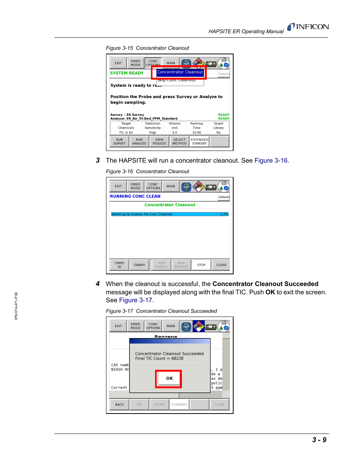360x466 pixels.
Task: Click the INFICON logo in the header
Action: click(308, 27)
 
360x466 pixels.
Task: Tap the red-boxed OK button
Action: click(169, 378)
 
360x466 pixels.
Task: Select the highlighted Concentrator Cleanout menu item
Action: click(180, 72)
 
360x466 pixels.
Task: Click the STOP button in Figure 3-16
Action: click(201, 265)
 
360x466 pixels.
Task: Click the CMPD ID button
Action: click(119, 265)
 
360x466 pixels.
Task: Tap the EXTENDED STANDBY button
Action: click(199, 141)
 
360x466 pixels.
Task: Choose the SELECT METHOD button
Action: click(179, 141)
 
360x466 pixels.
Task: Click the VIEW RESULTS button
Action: click(159, 141)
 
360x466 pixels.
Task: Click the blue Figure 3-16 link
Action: click(271, 161)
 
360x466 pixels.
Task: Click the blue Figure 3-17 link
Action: click(135, 300)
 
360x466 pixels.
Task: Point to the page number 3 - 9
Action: click(319, 440)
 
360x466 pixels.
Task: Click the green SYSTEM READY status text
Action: click(127, 73)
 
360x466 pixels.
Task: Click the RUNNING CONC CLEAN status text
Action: click(135, 197)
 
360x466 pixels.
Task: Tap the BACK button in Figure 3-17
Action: click(119, 404)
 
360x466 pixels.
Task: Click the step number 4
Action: click(98, 284)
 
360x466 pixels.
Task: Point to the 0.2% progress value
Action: click(224, 214)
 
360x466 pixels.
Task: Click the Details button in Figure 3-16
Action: click(223, 197)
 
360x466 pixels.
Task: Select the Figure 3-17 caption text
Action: click(161, 311)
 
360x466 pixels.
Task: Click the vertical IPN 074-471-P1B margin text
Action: click(16, 306)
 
